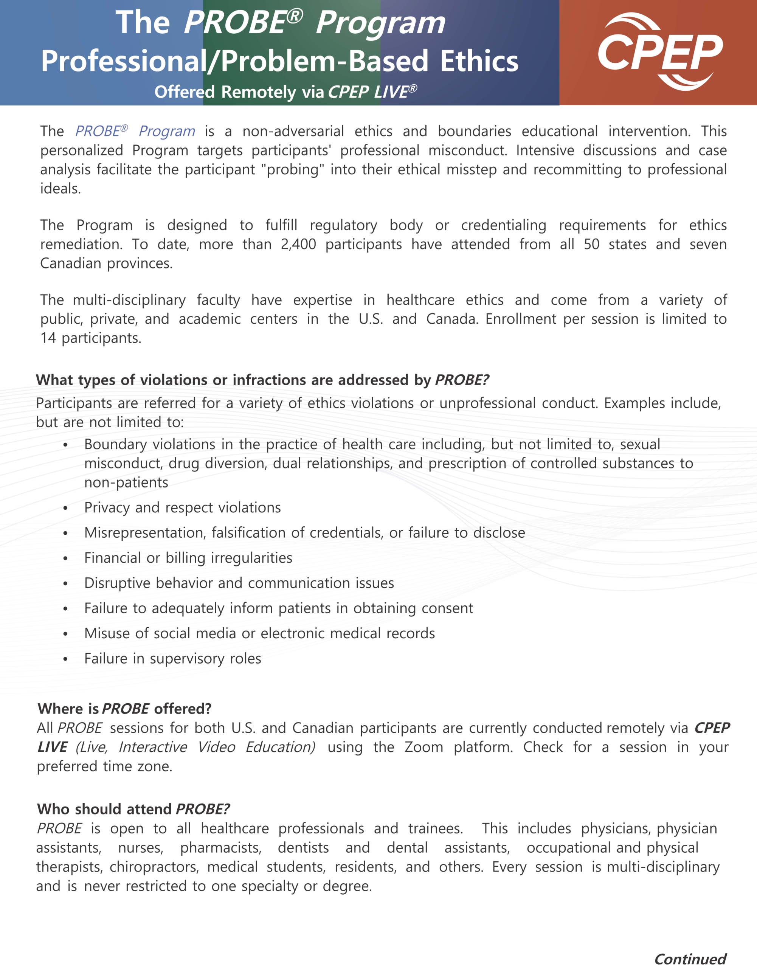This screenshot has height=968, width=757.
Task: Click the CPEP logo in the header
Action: click(x=659, y=52)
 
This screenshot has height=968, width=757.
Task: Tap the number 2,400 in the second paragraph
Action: click(x=298, y=244)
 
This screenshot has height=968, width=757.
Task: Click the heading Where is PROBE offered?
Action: click(x=124, y=709)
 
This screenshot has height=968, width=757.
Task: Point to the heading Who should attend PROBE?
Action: click(x=133, y=809)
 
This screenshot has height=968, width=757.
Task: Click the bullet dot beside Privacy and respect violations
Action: click(x=65, y=508)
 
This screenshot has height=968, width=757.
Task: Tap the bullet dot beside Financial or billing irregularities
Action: click(x=65, y=558)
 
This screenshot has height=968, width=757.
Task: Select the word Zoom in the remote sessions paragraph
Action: click(x=424, y=747)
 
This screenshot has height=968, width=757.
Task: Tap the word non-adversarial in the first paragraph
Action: click(x=293, y=131)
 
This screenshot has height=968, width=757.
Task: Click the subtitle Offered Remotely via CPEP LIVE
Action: click(x=285, y=92)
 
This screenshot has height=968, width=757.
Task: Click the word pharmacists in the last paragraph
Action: click(x=221, y=847)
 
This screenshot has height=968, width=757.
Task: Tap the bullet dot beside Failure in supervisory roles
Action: click(x=65, y=659)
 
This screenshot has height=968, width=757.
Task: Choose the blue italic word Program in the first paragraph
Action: click(x=167, y=131)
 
